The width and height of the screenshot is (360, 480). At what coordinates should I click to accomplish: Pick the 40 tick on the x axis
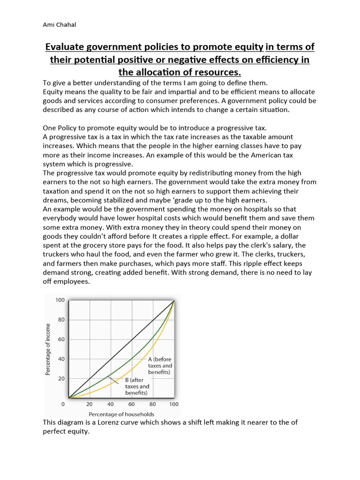(x=111, y=404)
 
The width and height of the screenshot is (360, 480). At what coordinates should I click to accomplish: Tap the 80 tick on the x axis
(x=152, y=404)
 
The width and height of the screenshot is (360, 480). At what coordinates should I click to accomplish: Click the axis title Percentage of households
(x=121, y=414)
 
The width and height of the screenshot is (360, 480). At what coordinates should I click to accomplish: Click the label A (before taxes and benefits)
(x=160, y=366)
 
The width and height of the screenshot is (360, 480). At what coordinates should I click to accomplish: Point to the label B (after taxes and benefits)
(x=136, y=386)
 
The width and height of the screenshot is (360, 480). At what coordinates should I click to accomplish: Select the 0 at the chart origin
(x=63, y=404)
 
